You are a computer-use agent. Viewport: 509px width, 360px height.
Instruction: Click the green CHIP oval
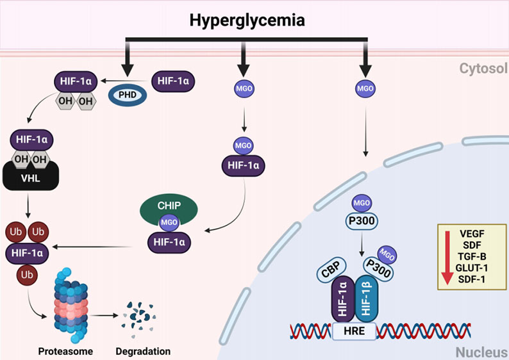[x=169, y=211]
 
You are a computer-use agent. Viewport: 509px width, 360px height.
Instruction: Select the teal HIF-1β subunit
[x=367, y=298]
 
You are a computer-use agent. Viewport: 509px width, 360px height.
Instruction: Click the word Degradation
[x=144, y=351]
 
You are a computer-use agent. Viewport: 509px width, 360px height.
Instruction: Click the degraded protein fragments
[x=140, y=316]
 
